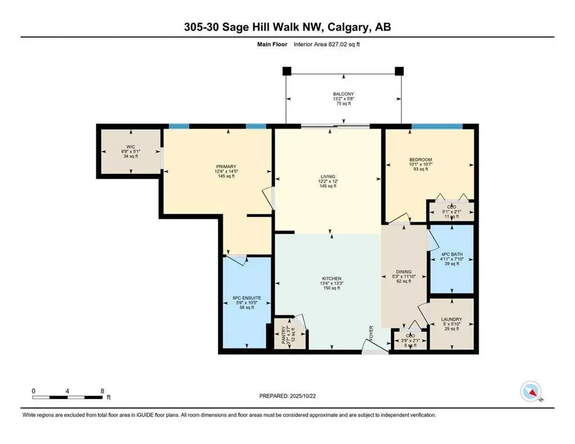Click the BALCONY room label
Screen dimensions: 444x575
pos(343,94)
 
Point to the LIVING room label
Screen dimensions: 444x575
pos(329,176)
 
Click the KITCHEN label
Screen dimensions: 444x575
pos(332,278)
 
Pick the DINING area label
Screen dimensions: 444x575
pos(404,272)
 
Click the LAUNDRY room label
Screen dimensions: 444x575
pos(451,319)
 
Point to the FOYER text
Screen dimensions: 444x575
pos(372,334)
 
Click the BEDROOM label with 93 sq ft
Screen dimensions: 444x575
pos(421,160)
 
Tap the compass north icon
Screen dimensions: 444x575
pos(530,392)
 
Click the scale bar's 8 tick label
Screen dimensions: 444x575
pos(102,391)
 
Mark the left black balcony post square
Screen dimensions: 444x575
pos(286,71)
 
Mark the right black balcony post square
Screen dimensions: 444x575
pos(399,71)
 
